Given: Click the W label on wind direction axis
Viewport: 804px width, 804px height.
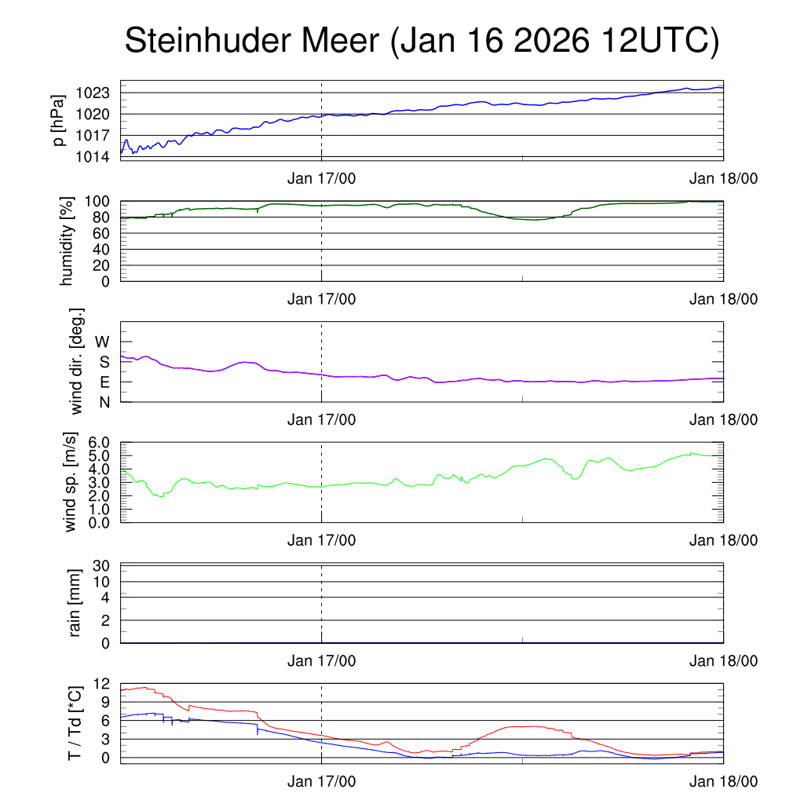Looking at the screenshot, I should (x=102, y=342).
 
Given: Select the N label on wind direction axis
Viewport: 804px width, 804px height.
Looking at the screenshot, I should (x=103, y=402).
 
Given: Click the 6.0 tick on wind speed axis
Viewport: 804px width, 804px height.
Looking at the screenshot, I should (x=97, y=443).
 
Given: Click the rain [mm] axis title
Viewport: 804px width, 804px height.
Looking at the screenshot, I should (x=75, y=604).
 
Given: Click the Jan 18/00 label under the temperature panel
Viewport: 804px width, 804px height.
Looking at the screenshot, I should (x=723, y=781).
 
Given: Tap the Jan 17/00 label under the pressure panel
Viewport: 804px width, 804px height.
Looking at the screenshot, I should (x=321, y=178).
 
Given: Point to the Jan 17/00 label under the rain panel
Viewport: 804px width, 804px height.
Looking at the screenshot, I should (x=321, y=661).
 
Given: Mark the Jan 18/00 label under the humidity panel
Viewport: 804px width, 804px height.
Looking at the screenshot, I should (x=723, y=299).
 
